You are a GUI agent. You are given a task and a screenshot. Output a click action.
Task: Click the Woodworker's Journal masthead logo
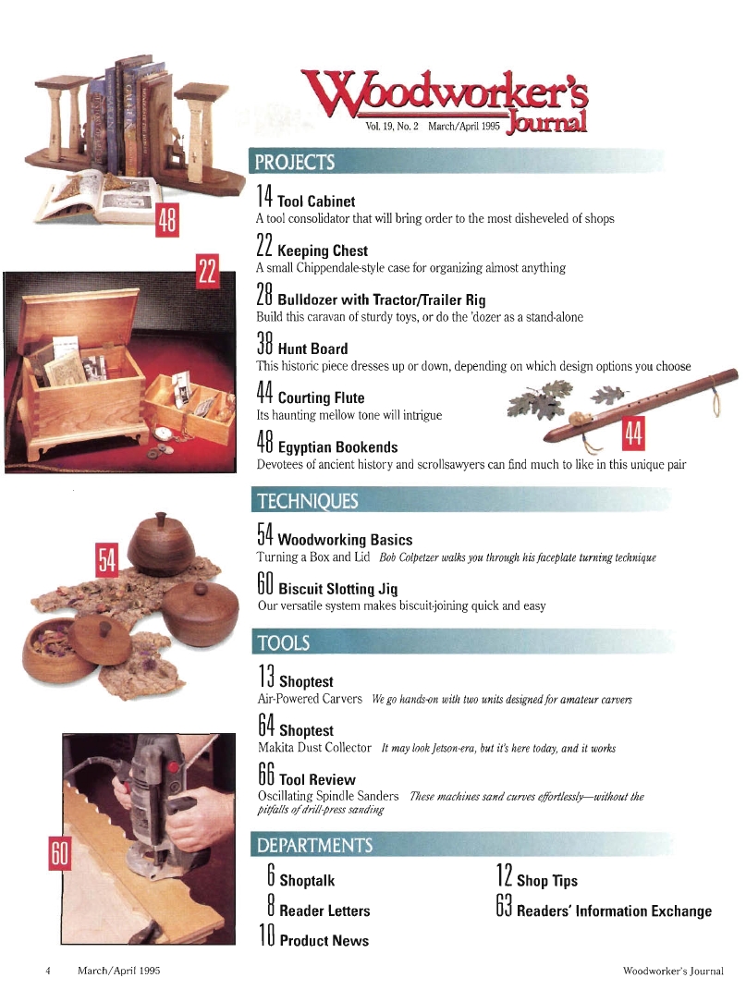pyautogui.click(x=445, y=101)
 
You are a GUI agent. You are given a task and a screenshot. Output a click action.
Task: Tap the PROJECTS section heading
pyautogui.click(x=294, y=163)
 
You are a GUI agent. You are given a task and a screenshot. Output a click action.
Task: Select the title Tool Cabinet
pyautogui.click(x=316, y=202)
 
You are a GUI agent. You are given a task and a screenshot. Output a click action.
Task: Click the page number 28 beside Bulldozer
pyautogui.click(x=264, y=295)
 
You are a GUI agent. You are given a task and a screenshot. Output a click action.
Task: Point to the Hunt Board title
pyautogui.click(x=312, y=349)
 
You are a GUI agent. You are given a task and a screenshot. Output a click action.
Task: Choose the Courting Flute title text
pyautogui.click(x=321, y=397)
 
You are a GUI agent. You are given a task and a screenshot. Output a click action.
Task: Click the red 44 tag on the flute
pyautogui.click(x=633, y=434)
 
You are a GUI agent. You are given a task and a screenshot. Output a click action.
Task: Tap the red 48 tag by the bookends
pyautogui.click(x=166, y=220)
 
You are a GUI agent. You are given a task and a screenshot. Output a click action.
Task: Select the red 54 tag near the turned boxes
pyautogui.click(x=106, y=559)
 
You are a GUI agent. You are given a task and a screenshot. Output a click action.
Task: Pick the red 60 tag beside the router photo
pyautogui.click(x=59, y=853)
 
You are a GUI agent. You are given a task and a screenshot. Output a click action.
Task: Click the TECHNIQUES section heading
pyautogui.click(x=308, y=501)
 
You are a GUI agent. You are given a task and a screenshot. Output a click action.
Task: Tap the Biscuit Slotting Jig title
pyautogui.click(x=338, y=589)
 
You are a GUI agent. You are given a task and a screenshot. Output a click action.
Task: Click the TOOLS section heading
pyautogui.click(x=283, y=642)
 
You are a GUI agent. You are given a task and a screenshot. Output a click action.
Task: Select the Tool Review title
pyautogui.click(x=317, y=780)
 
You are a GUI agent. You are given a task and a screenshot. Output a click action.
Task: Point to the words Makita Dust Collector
pyautogui.click(x=314, y=748)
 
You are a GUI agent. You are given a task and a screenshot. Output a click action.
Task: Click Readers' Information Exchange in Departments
pyautogui.click(x=614, y=911)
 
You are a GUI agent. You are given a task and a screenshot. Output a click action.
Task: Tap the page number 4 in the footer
pyautogui.click(x=48, y=971)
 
